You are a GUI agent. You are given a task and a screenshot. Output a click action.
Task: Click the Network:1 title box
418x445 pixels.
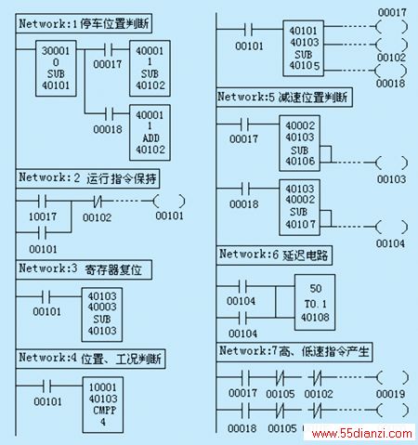click(x=84, y=23)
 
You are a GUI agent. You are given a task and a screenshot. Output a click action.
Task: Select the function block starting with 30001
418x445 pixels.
click(x=56, y=68)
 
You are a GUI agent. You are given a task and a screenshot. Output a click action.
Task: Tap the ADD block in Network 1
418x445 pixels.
click(x=150, y=133)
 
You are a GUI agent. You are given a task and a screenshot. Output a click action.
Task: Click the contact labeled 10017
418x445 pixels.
click(x=42, y=202)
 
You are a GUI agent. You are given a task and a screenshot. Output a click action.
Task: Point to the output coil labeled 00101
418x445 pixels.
click(x=169, y=202)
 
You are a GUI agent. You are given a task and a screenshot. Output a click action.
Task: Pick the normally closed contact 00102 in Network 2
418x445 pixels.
click(x=98, y=202)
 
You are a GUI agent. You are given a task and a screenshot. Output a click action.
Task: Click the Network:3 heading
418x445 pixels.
click(x=84, y=269)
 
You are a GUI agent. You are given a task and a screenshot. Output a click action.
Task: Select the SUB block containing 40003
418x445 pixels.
click(x=102, y=315)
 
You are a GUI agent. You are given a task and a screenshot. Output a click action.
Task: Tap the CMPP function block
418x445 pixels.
click(x=103, y=405)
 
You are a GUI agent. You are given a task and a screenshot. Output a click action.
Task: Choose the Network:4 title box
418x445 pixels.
click(x=90, y=359)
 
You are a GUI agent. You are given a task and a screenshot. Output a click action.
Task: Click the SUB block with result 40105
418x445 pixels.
click(x=304, y=48)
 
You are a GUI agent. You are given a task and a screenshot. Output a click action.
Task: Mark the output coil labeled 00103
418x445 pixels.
click(x=392, y=163)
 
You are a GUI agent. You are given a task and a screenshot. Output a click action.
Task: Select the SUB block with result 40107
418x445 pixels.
click(x=299, y=207)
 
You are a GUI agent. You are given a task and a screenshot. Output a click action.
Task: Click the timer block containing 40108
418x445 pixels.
click(x=315, y=302)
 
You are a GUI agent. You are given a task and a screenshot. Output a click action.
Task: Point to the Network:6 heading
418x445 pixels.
click(x=274, y=255)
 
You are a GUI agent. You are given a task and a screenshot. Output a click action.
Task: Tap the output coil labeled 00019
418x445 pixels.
click(x=392, y=377)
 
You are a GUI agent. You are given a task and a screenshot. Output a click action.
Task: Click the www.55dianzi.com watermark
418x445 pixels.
click(x=361, y=433)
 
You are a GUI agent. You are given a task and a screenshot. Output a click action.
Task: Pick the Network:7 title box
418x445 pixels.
click(x=294, y=352)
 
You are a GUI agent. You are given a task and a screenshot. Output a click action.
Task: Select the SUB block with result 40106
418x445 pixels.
click(x=299, y=143)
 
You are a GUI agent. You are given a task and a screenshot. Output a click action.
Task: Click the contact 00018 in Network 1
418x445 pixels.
click(x=109, y=113)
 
